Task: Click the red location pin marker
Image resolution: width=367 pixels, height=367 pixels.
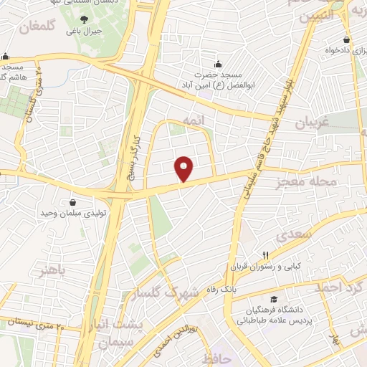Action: click(x=185, y=169)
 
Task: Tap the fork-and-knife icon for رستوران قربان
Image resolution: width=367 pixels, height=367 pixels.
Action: click(x=265, y=255)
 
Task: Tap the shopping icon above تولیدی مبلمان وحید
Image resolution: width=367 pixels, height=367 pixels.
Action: click(x=72, y=202)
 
